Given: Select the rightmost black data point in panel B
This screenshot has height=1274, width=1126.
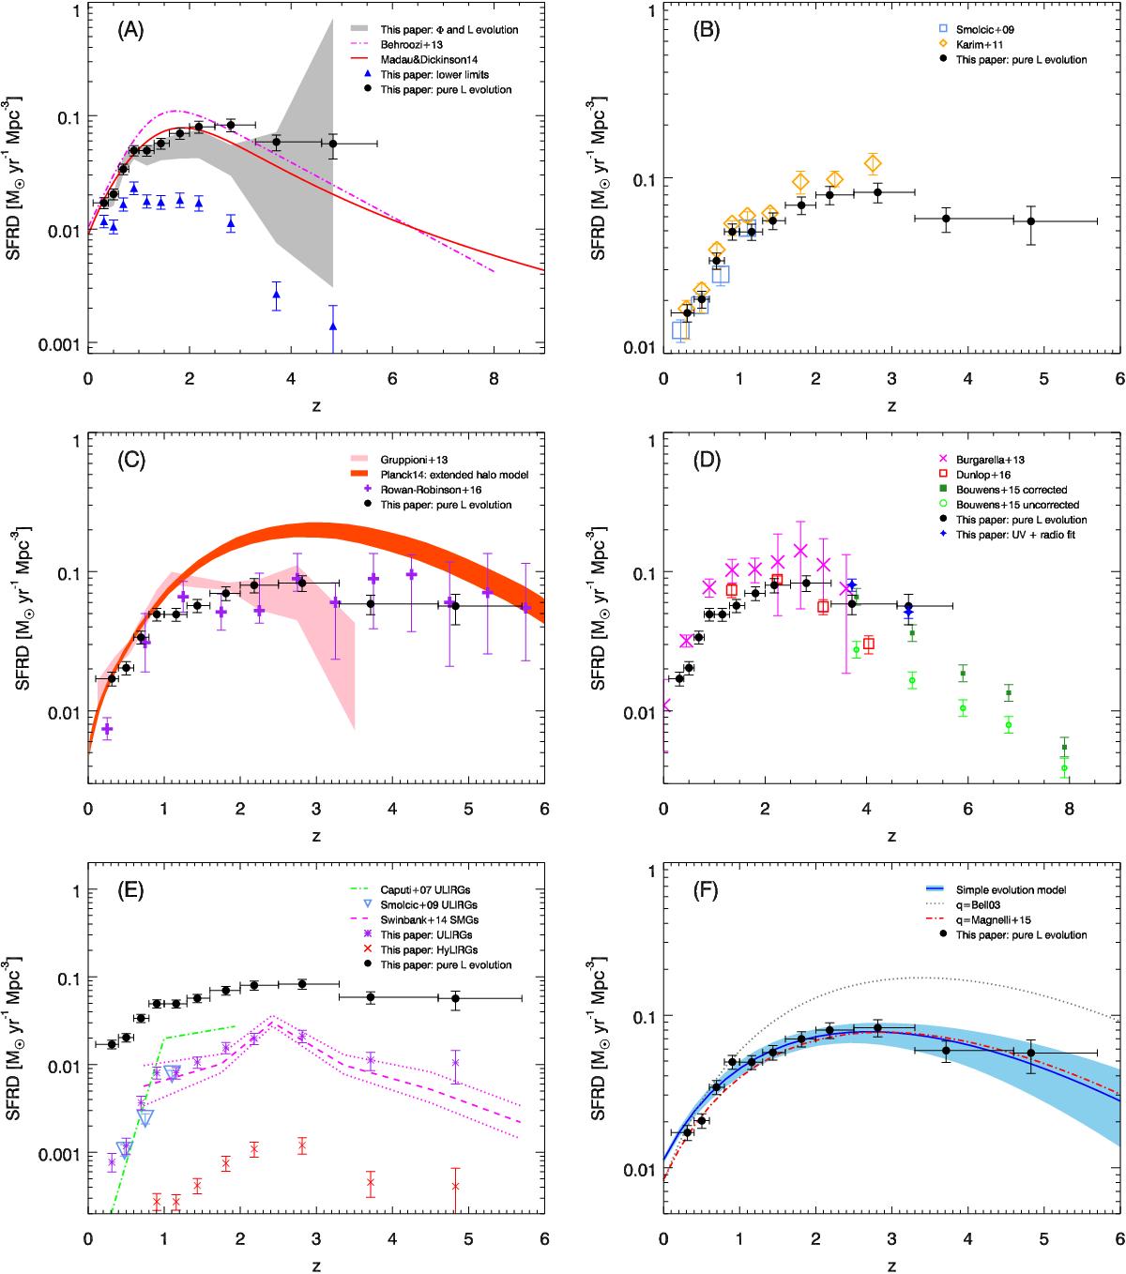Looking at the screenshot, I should pos(1031,221).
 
